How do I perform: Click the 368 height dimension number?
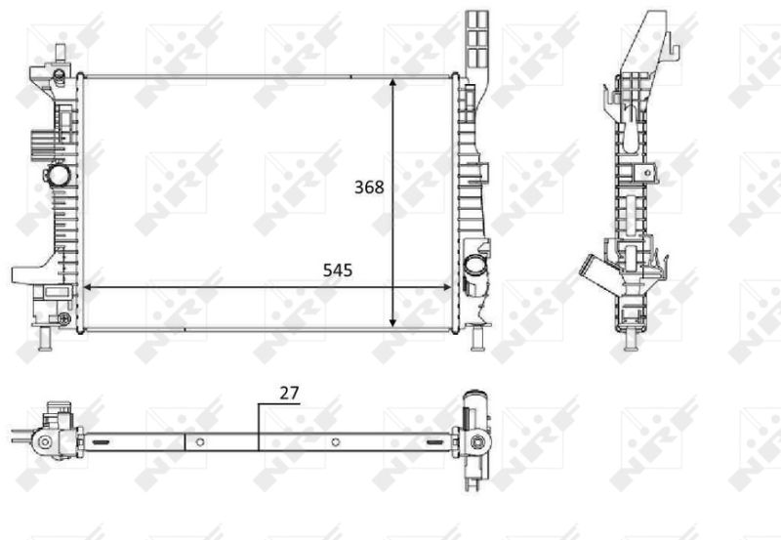[x=369, y=187]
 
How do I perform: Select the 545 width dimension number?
[x=337, y=270]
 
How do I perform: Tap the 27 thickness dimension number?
[x=289, y=394]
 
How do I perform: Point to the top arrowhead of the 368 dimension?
[x=393, y=83]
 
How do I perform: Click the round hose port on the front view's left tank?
[x=59, y=175]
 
